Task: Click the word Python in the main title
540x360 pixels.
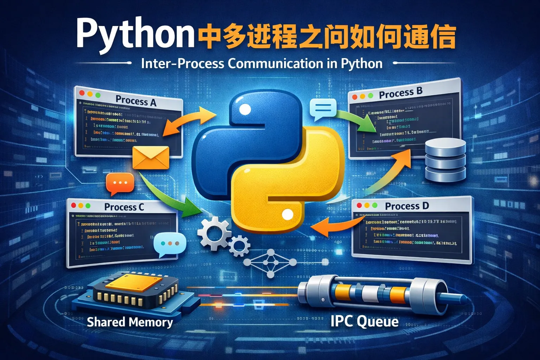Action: tap(135, 33)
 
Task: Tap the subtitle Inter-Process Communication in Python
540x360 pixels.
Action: tap(262, 64)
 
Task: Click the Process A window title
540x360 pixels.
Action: tap(136, 101)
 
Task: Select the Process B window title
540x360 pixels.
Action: tap(400, 93)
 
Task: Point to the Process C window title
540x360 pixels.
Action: tap(124, 207)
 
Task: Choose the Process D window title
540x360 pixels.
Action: tap(407, 206)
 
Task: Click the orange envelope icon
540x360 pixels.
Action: tap(151, 157)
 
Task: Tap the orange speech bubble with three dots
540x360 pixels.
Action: tap(120, 183)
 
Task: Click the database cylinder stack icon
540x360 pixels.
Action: tap(445, 160)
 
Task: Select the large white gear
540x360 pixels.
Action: tap(213, 233)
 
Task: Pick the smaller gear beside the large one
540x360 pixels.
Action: tap(239, 245)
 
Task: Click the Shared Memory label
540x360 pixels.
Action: tap(130, 322)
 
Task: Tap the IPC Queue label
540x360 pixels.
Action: tap(364, 321)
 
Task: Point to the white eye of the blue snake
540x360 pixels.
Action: tap(245, 110)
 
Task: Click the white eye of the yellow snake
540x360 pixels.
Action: tap(287, 214)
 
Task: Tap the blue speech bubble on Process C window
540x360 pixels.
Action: tap(170, 243)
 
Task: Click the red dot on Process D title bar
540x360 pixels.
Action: tap(359, 205)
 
